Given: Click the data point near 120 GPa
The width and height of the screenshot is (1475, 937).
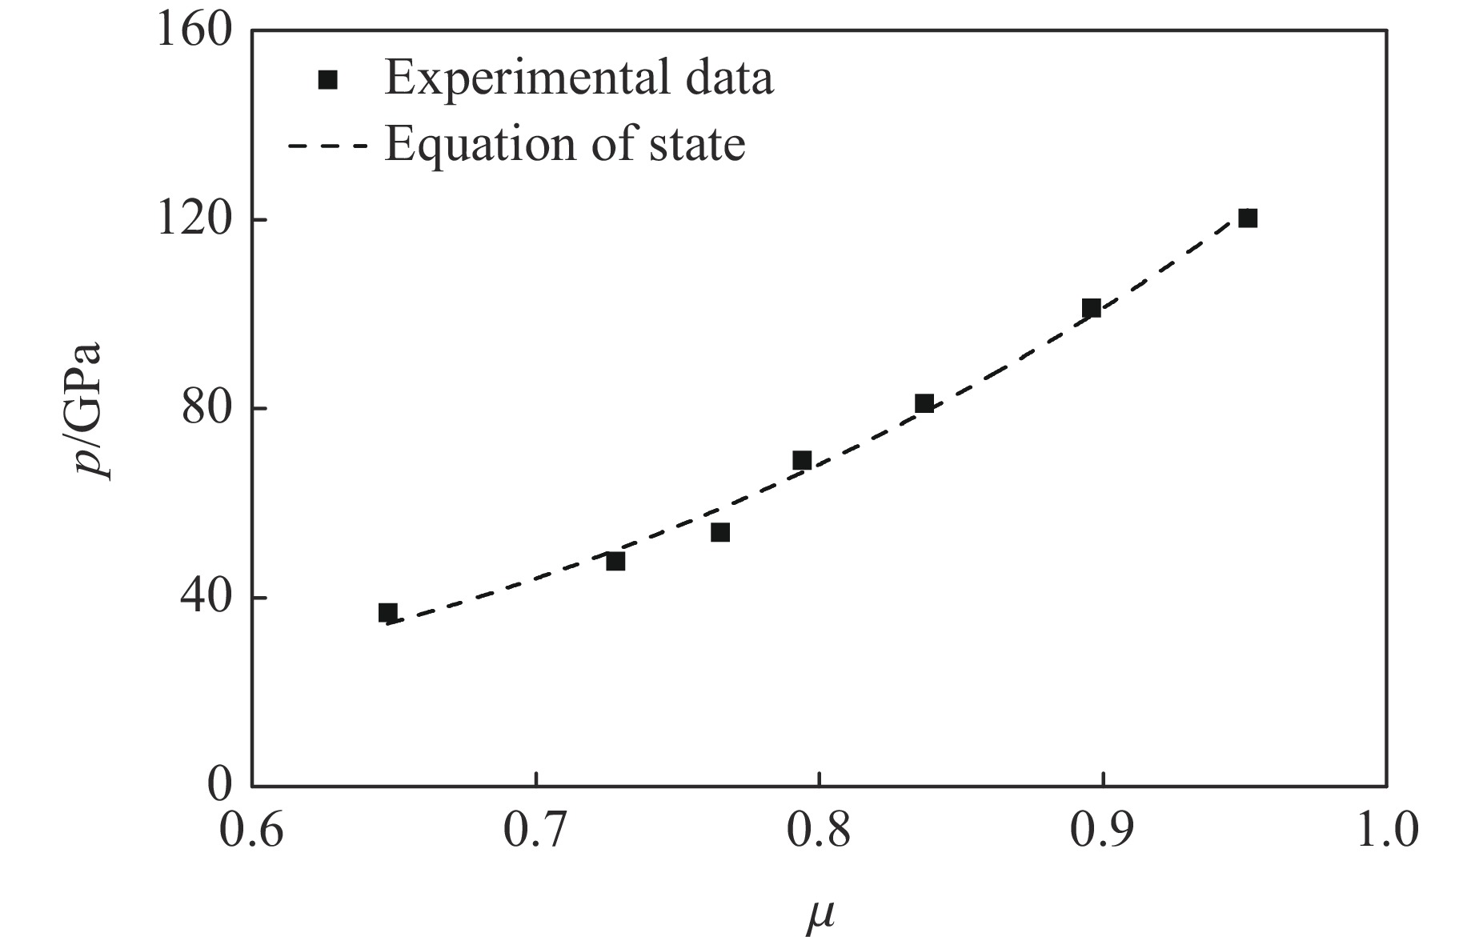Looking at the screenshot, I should click(1248, 218).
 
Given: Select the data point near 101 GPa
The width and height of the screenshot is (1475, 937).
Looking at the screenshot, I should click(1091, 308).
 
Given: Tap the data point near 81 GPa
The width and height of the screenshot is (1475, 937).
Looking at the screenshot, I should click(924, 403).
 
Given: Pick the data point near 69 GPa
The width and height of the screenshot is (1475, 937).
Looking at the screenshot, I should click(802, 460).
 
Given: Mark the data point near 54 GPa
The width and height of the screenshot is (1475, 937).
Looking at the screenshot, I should click(720, 533).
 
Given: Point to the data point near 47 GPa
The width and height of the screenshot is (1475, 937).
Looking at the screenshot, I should click(615, 562).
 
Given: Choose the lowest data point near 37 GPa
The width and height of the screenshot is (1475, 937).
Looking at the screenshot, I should click(388, 613).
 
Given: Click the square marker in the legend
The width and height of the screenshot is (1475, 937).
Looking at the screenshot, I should click(328, 79).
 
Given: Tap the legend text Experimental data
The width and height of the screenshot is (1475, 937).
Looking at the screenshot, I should click(579, 78).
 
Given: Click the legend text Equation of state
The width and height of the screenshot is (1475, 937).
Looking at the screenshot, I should click(564, 145).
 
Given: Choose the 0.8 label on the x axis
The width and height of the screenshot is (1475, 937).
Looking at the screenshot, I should click(819, 831).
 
